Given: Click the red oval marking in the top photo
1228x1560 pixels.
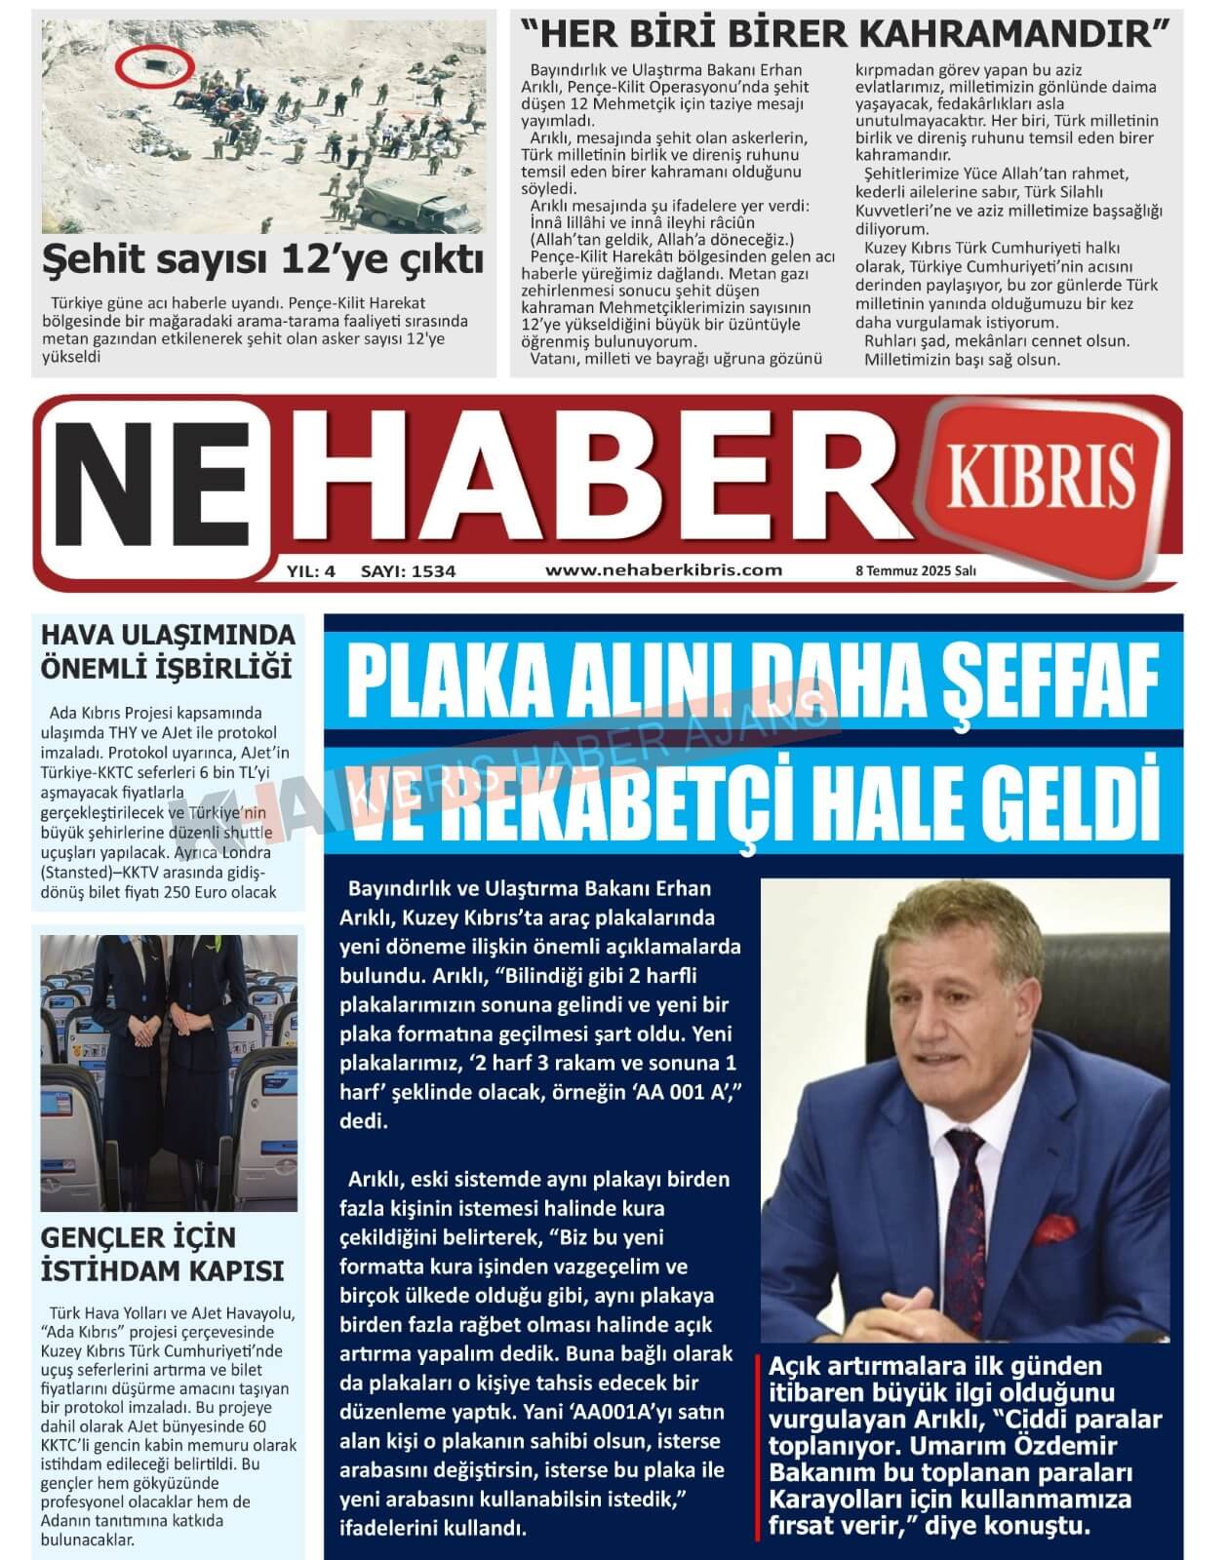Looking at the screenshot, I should coord(155,65).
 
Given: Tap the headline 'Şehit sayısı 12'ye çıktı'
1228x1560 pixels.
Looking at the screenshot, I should coord(263,259).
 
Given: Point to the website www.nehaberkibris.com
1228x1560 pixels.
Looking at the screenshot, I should coord(663,570).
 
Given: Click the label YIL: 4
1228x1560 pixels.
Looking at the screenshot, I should coord(311,571).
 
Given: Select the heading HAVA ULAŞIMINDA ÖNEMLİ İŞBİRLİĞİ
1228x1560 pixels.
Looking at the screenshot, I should coord(167,651).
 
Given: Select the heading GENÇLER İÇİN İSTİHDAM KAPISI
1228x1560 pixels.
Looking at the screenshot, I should coord(162,1254).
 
